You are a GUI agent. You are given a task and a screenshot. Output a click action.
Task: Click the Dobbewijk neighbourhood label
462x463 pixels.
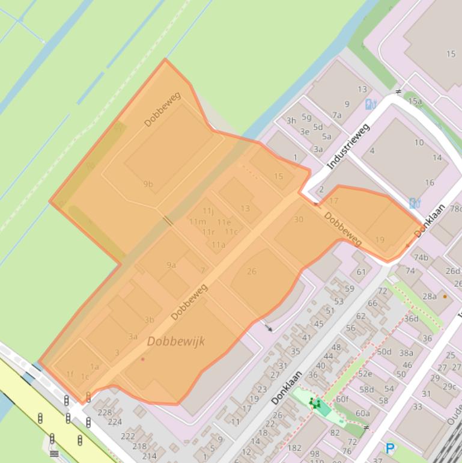175,341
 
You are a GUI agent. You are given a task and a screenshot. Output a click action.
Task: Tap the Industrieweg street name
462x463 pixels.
348,146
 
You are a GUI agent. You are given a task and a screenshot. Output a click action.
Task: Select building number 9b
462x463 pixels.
148,184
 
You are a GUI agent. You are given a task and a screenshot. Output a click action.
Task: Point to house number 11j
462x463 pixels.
208,210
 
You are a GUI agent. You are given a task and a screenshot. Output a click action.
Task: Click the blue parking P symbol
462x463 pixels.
391,448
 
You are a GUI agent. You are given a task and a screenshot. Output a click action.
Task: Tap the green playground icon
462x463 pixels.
314,403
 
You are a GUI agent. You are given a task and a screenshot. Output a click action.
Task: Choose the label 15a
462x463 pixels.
415,102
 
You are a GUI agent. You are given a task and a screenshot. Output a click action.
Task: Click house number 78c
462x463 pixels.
455,209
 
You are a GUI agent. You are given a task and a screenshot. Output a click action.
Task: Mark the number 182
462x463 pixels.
294,448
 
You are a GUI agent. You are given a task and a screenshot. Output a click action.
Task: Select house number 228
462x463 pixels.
105,412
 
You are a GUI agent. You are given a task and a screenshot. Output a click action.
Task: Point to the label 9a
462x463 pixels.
171,265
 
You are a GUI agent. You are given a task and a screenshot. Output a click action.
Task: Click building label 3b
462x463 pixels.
149,320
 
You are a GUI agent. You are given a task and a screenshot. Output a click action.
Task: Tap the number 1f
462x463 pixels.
70,374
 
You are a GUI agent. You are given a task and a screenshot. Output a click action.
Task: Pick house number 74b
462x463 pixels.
421,257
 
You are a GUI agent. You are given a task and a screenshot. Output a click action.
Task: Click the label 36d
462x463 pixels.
411,319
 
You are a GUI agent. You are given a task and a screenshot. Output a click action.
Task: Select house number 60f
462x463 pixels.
342,399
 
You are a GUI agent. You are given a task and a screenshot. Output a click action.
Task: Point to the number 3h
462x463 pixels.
291,120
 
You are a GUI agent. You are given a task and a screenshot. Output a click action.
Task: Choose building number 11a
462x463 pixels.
218,244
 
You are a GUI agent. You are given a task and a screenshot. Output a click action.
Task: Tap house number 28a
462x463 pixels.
430,296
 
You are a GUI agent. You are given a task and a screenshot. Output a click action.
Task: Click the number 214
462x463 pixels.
149,456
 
